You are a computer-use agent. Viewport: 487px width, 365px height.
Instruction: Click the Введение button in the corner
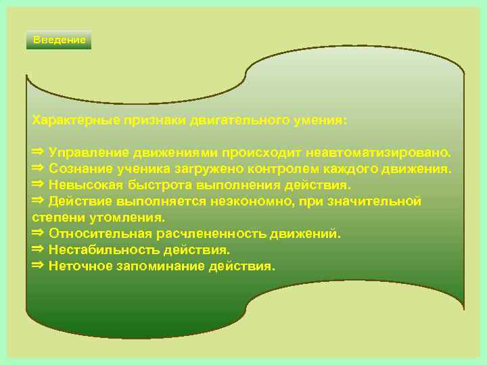(60, 40)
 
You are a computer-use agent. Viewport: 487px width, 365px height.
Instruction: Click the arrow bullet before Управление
(38, 149)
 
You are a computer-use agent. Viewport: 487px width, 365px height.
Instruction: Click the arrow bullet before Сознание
(38, 166)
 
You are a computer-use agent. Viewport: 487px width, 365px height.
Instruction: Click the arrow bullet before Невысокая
(38, 183)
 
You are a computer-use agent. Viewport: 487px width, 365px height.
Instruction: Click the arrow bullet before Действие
(38, 200)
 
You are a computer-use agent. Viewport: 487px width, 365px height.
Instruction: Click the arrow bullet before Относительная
(38, 233)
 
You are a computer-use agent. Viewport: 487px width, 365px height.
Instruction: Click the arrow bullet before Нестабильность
(38, 249)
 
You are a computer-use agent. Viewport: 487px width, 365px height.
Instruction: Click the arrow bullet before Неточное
(38, 265)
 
